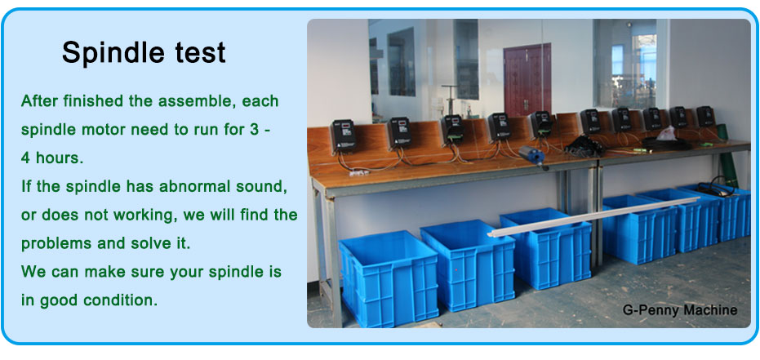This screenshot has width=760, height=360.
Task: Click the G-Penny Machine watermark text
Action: click(x=679, y=310)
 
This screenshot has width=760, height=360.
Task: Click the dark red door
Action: click(x=527, y=79)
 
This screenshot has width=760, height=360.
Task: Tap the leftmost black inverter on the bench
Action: click(x=344, y=136)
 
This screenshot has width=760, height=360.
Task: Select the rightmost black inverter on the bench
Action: click(x=705, y=116)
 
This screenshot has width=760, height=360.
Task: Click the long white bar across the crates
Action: click(x=593, y=217)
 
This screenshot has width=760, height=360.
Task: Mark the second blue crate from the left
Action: click(x=468, y=264)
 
